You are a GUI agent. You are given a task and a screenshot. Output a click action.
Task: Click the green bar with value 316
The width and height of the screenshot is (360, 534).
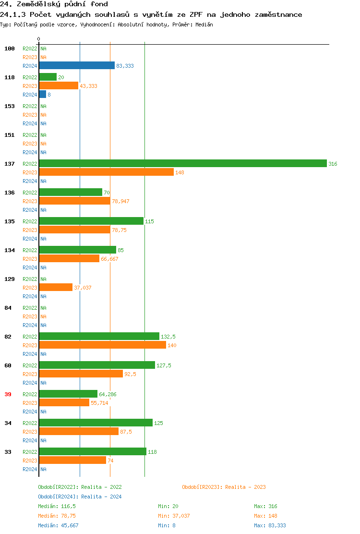pos(182,164)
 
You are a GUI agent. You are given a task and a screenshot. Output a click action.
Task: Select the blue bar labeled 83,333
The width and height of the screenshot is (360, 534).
pos(77,66)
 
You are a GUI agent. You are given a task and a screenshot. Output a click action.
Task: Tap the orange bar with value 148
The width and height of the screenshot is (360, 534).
pos(106,172)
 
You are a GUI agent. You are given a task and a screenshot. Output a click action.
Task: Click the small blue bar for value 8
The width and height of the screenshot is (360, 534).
pos(43,95)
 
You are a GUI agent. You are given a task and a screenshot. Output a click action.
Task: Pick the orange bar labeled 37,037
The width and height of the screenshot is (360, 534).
pos(56,288)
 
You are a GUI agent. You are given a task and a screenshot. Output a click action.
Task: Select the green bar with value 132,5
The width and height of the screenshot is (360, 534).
pos(99,337)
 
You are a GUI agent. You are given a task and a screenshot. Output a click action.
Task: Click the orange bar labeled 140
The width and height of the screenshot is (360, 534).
pos(102,345)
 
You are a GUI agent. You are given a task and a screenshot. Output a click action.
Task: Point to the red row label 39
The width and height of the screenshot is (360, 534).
pos(8,394)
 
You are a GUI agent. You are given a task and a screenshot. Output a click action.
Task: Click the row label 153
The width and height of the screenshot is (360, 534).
pos(10,106)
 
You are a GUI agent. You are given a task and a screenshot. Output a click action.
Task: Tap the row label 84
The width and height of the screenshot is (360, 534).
pos(8,308)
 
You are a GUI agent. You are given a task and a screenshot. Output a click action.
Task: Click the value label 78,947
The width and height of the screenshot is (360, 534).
pos(120,201)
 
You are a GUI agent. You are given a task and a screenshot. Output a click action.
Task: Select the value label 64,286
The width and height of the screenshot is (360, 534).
pos(108,394)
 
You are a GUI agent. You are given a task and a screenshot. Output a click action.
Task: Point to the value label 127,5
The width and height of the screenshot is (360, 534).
pos(164,365)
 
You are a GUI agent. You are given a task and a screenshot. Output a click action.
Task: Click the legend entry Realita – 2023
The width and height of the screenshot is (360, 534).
pos(224,487)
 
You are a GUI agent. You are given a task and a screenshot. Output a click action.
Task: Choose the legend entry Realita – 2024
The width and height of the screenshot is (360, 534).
pos(80,497)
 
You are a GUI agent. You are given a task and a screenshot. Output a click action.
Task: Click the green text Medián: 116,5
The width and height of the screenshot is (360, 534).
pos(57,506)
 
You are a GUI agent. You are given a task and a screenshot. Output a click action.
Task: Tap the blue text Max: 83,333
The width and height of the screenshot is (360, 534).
pos(270,525)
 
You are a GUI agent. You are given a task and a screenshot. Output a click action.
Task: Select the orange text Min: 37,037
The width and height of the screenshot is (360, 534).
pos(174,516)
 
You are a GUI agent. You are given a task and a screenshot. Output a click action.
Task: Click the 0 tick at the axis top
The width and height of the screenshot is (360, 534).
pos(39,39)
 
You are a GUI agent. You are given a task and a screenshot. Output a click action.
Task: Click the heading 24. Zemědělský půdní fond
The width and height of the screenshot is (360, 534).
pos(54,4)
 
